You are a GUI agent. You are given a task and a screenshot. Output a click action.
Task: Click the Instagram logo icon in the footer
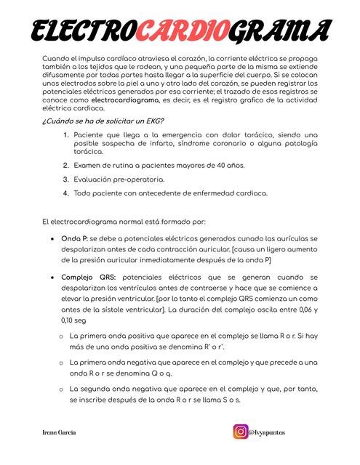coord(240,432)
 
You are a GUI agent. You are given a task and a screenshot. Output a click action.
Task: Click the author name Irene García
coord(60,432)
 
